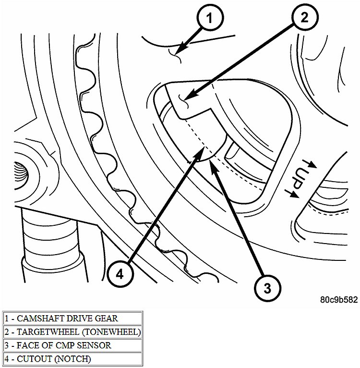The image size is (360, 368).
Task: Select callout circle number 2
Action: tap(304, 19)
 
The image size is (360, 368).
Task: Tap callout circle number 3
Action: tap(267, 287)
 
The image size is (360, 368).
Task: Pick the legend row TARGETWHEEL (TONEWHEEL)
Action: tap(72, 331)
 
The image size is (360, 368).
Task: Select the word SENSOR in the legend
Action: tap(96, 345)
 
